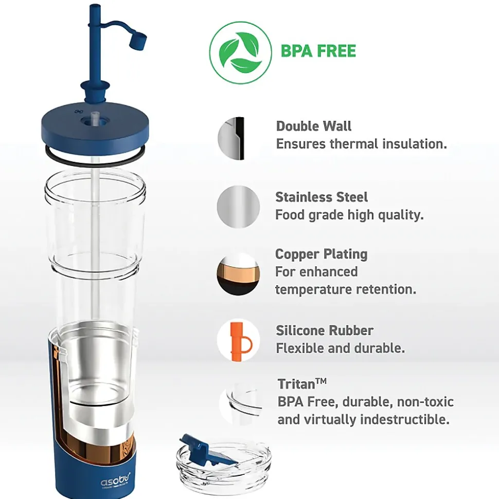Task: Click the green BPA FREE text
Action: click(318, 51)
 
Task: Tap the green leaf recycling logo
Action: click(241, 52)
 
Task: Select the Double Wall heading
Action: click(314, 126)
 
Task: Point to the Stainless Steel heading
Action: click(321, 197)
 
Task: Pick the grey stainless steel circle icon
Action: click(238, 207)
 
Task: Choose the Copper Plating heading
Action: click(321, 254)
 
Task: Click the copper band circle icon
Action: click(238, 274)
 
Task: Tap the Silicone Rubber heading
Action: click(325, 330)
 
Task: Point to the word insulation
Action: click(414, 144)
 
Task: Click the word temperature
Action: click(313, 290)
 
